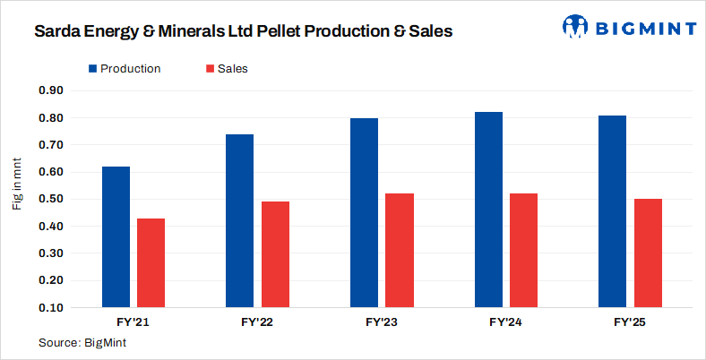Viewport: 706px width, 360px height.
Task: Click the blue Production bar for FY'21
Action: click(x=116, y=237)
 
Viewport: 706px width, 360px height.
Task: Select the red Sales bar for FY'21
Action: click(x=151, y=263)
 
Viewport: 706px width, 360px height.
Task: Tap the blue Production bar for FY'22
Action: click(x=240, y=221)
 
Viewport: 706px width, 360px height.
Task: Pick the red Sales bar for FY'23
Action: click(x=400, y=251)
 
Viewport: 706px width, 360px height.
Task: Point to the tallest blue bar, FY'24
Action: click(x=488, y=210)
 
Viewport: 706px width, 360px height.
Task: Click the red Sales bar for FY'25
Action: click(x=648, y=253)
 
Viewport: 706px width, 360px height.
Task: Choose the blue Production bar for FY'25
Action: click(x=613, y=211)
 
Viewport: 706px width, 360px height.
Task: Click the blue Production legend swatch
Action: click(x=92, y=69)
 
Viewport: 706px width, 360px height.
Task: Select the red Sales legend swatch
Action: click(x=210, y=69)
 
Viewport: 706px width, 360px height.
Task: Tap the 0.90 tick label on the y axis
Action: click(x=50, y=90)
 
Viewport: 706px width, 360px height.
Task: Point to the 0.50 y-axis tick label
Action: click(x=50, y=199)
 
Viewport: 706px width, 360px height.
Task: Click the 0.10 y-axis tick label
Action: click(x=50, y=308)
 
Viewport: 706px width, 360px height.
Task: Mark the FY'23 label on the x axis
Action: click(x=382, y=321)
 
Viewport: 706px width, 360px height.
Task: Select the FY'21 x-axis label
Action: click(x=133, y=321)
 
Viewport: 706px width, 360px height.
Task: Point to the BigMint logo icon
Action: click(x=574, y=27)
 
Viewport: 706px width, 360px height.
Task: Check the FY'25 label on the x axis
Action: click(x=630, y=321)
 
